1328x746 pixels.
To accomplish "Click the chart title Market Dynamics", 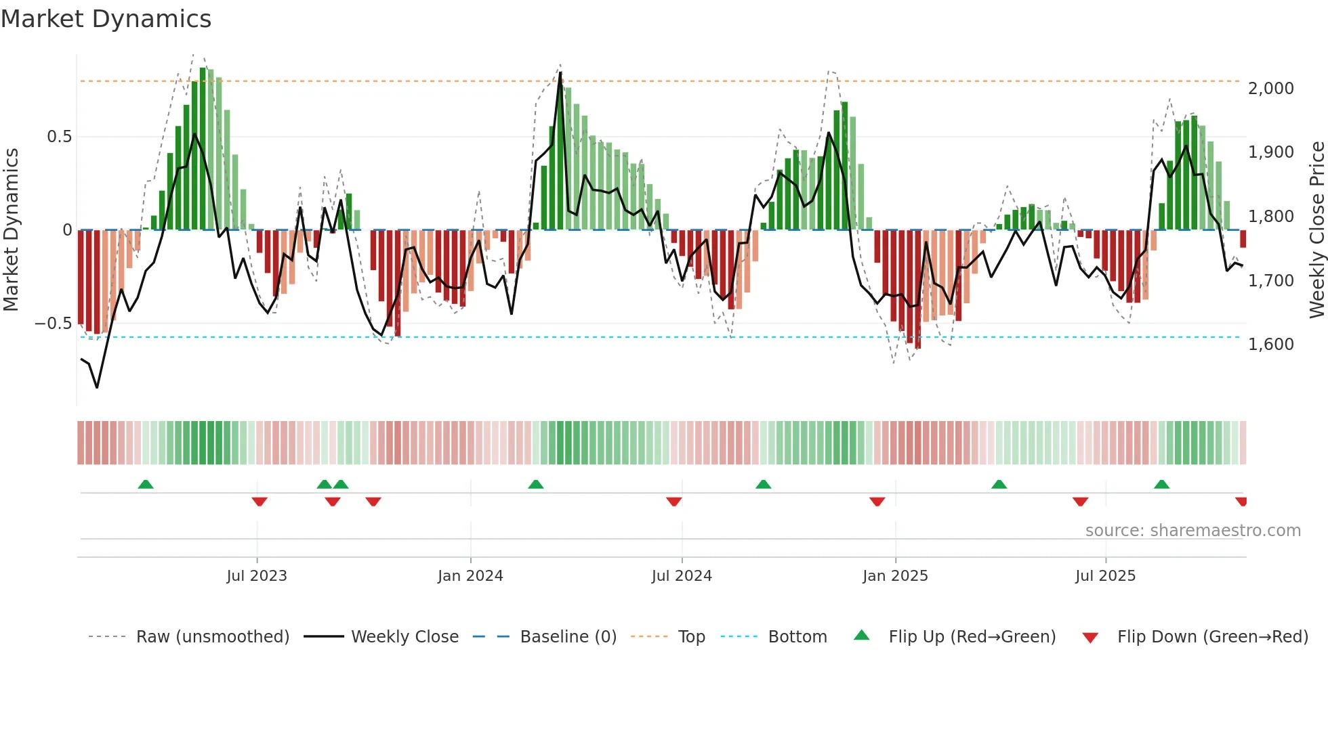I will (106, 19).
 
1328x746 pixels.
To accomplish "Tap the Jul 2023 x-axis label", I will (257, 576).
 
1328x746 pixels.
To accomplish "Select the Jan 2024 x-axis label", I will (470, 576).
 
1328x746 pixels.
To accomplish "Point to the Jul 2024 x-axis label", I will (682, 576).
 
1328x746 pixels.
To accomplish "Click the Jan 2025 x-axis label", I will (895, 576).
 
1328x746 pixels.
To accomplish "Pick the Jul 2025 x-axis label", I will (1105, 576).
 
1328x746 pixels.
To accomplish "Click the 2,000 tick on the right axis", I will (1271, 89).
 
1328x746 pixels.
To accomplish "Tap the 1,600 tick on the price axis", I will (1271, 345).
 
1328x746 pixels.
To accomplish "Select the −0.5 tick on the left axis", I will (54, 324).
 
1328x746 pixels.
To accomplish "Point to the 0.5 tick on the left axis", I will (59, 137).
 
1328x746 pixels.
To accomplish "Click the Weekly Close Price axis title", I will (1316, 229).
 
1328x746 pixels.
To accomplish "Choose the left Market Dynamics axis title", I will (11, 229).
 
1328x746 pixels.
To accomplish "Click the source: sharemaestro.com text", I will (1192, 531).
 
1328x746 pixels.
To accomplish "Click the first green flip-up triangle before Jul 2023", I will (146, 484).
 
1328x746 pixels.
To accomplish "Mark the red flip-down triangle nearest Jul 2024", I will (673, 502).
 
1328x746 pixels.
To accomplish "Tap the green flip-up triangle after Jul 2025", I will (1161, 484).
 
